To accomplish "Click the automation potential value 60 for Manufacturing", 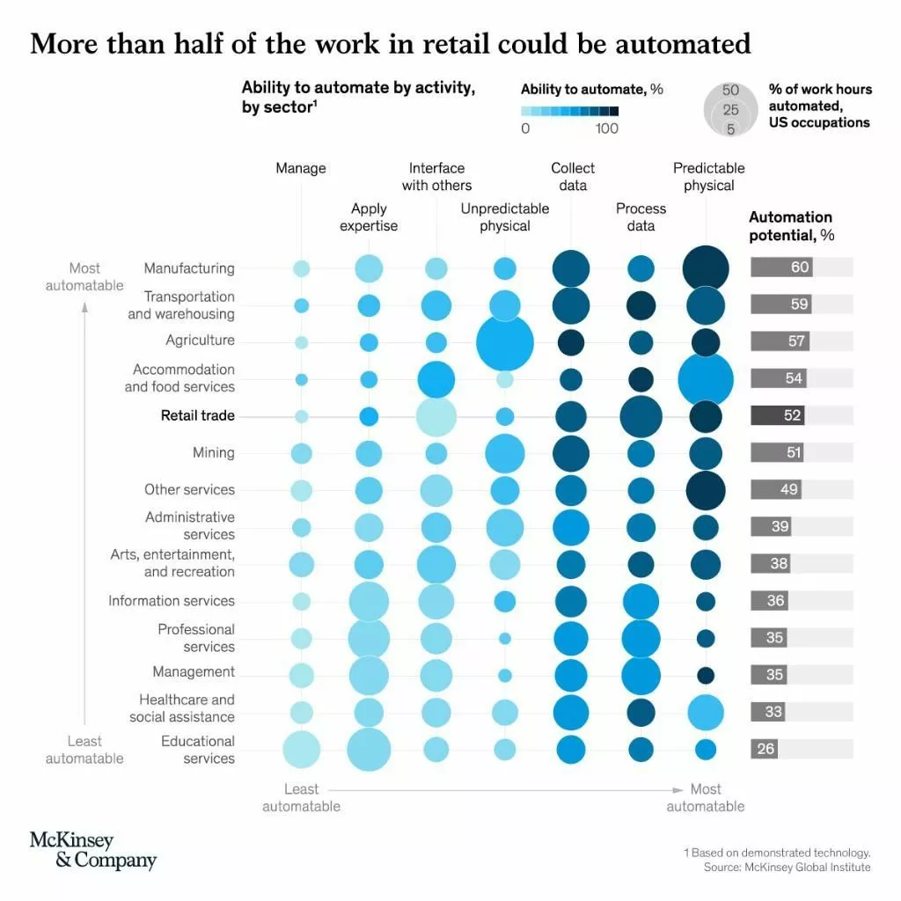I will pos(799,267).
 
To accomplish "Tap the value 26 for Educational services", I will pos(765,749).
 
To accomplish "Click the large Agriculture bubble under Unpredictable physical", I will pos(505,341).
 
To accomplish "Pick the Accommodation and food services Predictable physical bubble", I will pos(706,379).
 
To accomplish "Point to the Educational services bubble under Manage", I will pos(301,749).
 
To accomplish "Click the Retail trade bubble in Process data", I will pos(641,416).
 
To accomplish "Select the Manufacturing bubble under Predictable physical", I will pos(706,268).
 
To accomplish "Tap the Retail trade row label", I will pos(197,415).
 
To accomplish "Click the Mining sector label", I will pos(214,452).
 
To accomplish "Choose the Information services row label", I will pos(172,601).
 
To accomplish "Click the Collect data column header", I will pos(573,176).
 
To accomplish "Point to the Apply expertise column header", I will pos(369,216).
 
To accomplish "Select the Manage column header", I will pos(301,168).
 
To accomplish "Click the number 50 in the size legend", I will pos(730,91).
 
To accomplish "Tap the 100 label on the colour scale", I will pos(606,128).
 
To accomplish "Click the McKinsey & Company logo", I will pos(93,850).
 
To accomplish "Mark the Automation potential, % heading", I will pos(791,226).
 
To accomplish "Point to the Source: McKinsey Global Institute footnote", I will pos(787,868).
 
